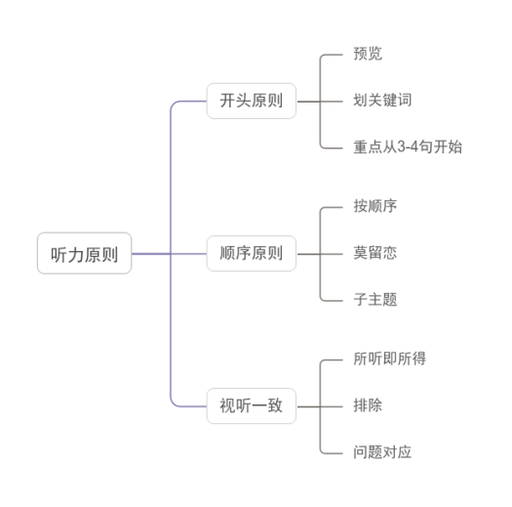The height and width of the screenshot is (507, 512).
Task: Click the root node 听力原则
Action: click(84, 253)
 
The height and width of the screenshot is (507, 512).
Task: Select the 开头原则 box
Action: click(252, 101)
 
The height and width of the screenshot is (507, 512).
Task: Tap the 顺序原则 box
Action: click(252, 254)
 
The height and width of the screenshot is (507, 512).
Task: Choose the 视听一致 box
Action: click(252, 406)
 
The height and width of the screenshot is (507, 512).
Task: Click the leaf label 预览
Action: click(368, 54)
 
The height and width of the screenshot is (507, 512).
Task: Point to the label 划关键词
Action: click(382, 100)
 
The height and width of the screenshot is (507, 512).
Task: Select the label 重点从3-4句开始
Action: click(408, 147)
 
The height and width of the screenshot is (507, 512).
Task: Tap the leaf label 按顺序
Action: click(375, 206)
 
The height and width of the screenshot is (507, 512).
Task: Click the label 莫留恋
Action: click(375, 253)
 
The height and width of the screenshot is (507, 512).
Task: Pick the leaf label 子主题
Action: click(375, 299)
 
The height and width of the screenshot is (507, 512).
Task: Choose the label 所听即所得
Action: click(390, 359)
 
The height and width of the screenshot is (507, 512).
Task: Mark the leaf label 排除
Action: click(368, 405)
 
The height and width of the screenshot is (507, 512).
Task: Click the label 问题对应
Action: click(382, 452)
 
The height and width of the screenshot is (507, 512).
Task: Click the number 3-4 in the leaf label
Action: click(408, 147)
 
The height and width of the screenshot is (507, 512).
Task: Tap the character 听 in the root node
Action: click(59, 255)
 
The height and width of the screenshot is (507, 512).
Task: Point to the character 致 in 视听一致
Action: click(275, 405)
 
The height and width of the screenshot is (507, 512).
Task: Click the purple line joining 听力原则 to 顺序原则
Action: click(169, 254)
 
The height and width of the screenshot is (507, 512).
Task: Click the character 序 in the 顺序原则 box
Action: click(244, 253)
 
